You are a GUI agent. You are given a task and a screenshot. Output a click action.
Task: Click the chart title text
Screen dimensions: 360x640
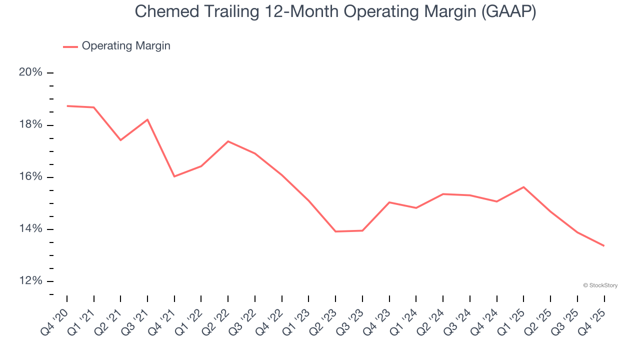(335, 12)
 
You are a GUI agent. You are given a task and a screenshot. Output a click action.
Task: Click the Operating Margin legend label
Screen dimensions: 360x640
(126, 46)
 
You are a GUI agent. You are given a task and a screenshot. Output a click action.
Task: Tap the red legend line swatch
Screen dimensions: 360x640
(70, 46)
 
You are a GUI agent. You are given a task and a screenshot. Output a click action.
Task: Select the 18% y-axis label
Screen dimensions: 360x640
(31, 124)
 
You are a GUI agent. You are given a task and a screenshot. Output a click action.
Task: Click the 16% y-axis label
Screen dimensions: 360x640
(31, 177)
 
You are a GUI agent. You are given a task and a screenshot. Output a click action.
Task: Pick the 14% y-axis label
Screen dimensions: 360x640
(31, 229)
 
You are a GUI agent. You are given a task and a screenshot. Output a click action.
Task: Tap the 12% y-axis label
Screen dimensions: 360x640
(31, 281)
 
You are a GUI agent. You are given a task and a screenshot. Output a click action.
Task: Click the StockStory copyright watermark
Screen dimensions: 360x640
(600, 285)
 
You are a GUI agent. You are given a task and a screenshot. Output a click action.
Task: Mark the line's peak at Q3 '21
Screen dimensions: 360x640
(147, 119)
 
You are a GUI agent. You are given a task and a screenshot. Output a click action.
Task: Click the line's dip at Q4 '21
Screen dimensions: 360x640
(174, 176)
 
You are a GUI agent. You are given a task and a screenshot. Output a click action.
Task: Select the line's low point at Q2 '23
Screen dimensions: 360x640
(335, 231)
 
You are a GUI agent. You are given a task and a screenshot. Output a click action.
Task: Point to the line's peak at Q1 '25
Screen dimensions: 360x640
(523, 187)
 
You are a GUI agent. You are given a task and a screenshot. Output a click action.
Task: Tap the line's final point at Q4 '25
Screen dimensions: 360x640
(604, 245)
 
